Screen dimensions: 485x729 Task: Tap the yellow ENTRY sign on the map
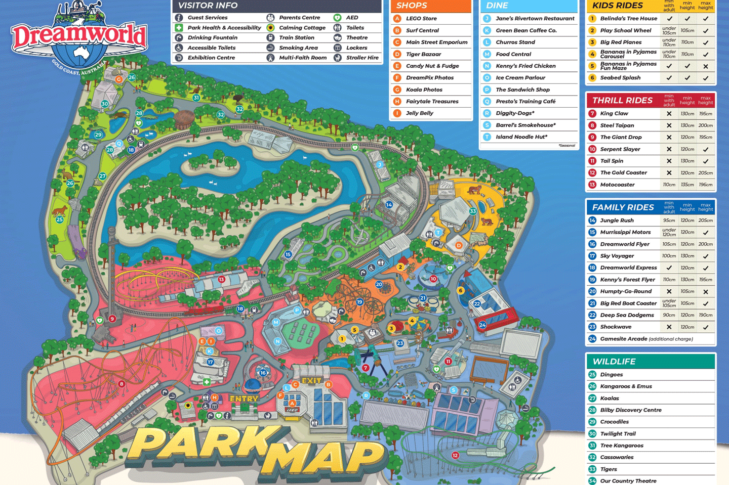244,399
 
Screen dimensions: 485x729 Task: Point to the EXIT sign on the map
311,380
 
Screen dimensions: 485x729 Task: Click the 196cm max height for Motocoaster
705,185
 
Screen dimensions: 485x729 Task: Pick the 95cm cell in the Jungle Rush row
669,221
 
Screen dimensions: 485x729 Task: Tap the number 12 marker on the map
455,455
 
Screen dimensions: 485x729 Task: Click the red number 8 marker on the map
121,384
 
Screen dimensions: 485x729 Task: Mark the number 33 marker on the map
473,211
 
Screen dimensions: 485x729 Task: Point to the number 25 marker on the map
60,219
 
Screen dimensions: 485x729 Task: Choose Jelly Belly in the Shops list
419,113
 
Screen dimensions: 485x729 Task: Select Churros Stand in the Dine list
515,42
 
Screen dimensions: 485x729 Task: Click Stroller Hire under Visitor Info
362,58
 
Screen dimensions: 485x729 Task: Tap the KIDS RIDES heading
617,6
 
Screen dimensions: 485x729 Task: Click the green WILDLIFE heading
614,361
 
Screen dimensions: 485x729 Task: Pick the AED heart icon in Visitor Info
337,18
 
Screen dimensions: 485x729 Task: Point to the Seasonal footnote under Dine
566,146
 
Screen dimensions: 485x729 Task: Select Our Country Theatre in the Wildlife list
628,481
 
